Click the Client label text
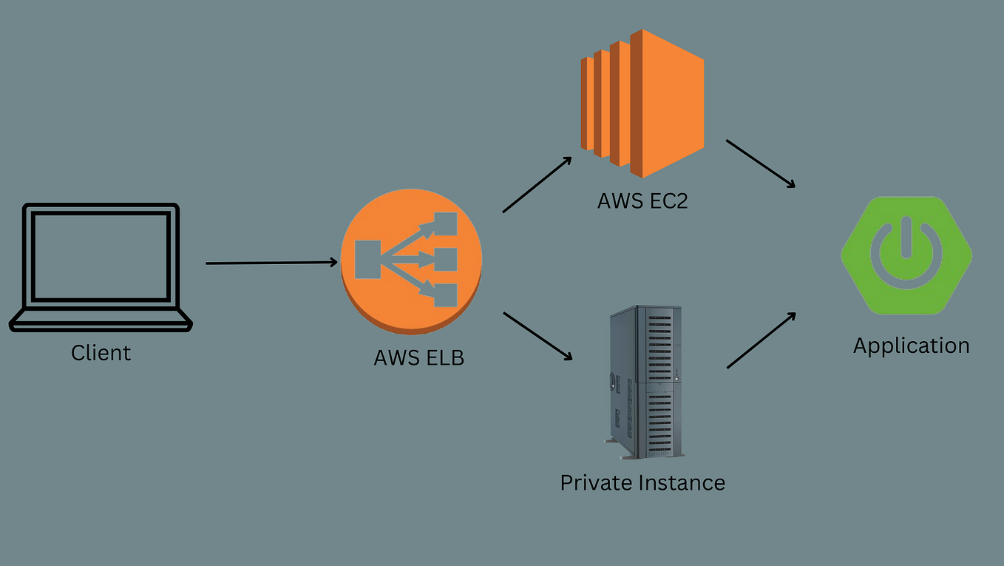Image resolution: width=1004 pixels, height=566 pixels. pyautogui.click(x=101, y=353)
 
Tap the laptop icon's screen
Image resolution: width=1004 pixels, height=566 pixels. pyautogui.click(x=101, y=257)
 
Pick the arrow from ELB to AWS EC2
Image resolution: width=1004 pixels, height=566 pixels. pyautogui.click(x=537, y=185)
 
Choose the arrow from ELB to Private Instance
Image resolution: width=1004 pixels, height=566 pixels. pyautogui.click(x=537, y=336)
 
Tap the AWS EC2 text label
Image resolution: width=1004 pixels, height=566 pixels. pyautogui.click(x=642, y=201)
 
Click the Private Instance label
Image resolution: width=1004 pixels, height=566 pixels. pyautogui.click(x=642, y=483)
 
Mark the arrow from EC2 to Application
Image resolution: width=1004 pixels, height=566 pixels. pyautogui.click(x=761, y=164)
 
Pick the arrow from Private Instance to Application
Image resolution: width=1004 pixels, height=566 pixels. pyautogui.click(x=761, y=340)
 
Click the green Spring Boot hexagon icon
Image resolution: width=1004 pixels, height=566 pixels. pyautogui.click(x=906, y=255)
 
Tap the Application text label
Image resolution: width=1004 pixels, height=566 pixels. pyautogui.click(x=911, y=346)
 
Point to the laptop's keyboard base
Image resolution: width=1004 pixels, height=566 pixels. pyautogui.click(x=101, y=321)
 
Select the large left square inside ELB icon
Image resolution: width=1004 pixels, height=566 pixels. pyautogui.click(x=367, y=260)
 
